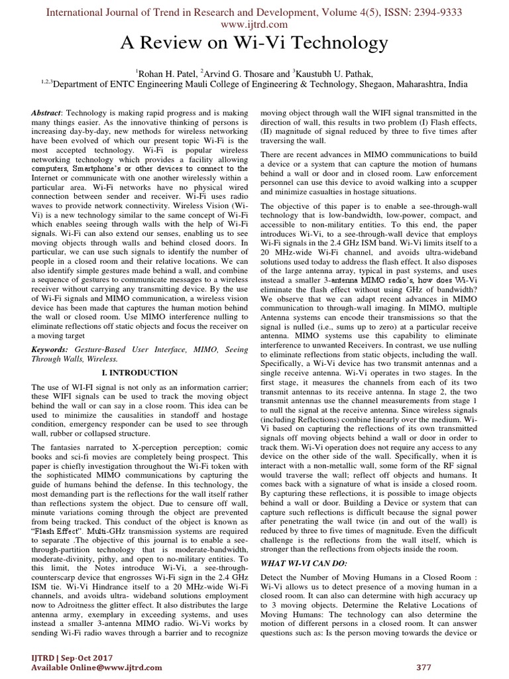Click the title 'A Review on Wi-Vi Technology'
coord(254,44)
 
